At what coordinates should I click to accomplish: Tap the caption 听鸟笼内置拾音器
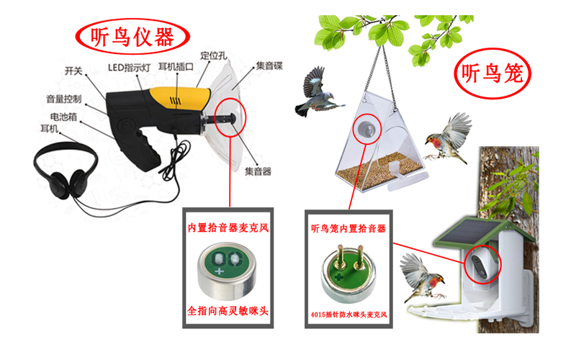(348, 229)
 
